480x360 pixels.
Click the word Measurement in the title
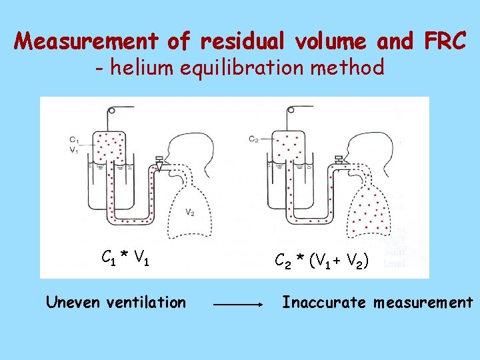(x=87, y=42)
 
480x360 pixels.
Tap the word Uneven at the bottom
(x=72, y=303)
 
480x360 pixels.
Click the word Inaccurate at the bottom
(x=324, y=303)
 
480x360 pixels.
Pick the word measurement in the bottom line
(x=423, y=303)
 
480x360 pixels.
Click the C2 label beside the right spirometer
(x=253, y=139)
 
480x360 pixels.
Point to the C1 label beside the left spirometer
(x=73, y=139)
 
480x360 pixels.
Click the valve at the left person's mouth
(x=159, y=162)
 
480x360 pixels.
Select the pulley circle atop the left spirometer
(x=111, y=111)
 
